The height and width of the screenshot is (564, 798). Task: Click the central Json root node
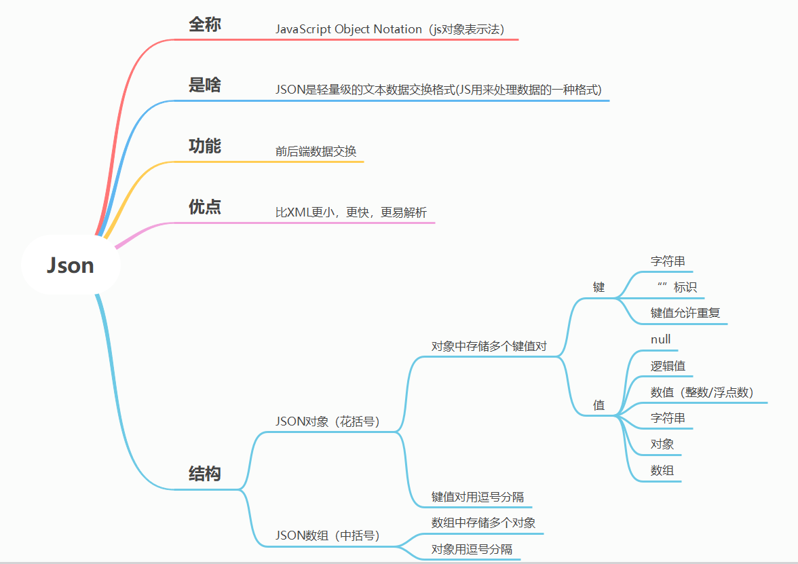click(71, 265)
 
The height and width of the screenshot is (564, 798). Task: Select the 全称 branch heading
click(204, 25)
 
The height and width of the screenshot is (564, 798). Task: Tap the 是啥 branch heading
click(204, 86)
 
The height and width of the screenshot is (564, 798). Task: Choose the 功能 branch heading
click(204, 146)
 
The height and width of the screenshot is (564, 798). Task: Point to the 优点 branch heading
click(204, 207)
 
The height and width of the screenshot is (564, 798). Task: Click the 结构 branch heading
click(204, 474)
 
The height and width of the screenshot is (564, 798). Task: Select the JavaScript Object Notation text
click(389, 29)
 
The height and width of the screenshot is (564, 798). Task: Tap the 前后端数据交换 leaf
click(316, 151)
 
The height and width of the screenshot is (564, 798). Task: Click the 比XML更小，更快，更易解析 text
click(351, 212)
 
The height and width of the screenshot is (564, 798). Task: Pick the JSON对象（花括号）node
click(327, 421)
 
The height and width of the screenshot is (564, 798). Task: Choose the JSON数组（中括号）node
click(327, 535)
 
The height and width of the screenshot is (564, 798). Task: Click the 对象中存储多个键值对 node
click(489, 346)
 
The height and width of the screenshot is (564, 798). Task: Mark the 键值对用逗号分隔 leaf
click(478, 497)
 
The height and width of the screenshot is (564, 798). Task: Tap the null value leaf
click(660, 339)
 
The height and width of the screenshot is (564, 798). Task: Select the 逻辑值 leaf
click(668, 366)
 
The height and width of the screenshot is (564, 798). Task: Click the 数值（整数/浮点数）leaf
click(702, 392)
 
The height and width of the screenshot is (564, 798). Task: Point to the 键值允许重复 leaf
click(685, 314)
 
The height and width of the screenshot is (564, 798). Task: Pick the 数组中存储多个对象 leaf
click(483, 523)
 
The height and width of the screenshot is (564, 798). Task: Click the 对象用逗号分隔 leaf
click(472, 549)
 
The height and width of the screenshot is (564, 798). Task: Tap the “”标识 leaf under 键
click(677, 287)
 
